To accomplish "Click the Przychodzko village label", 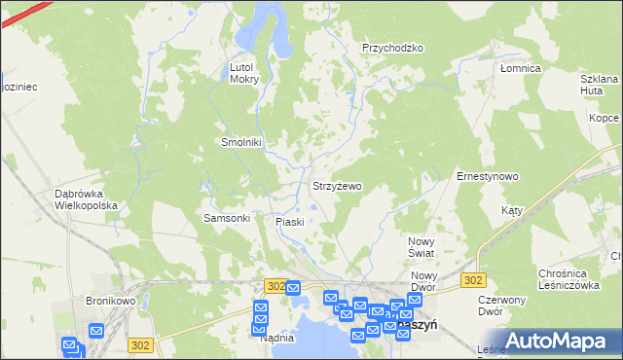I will click(x=392, y=48).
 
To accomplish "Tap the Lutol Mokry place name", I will click(x=243, y=73).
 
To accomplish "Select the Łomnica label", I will click(x=519, y=69).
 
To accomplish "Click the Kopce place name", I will click(x=604, y=117).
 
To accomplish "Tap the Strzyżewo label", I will click(x=336, y=185).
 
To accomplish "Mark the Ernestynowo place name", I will click(x=487, y=176).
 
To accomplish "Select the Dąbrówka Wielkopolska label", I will click(x=86, y=199).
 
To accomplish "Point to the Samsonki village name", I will click(x=227, y=218).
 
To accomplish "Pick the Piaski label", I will click(x=290, y=222).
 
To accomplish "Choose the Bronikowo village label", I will click(x=109, y=301).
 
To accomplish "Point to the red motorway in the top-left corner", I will click(x=21, y=13).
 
